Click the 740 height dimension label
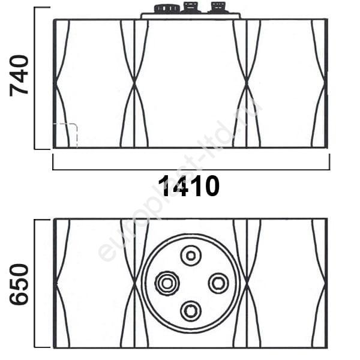pyautogui.click(x=19, y=76)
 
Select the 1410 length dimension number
pyautogui.click(x=189, y=186)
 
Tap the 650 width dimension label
pyautogui.click(x=19, y=284)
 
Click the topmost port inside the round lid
pyautogui.click(x=191, y=256)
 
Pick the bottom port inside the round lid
pyautogui.click(x=191, y=311)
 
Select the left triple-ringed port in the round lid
pyautogui.click(x=167, y=283)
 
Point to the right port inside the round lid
pyautogui.click(x=218, y=283)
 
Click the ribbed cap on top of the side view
pyautogui.click(x=166, y=9)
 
